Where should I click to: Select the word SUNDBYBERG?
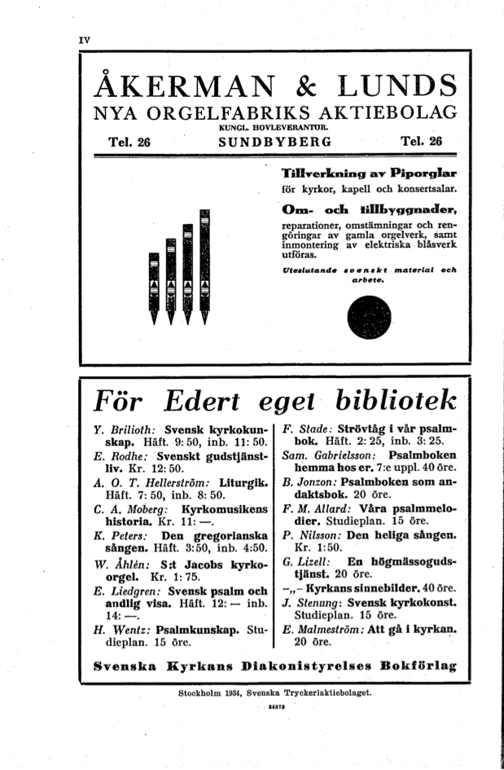276,142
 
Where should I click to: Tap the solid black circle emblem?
368,317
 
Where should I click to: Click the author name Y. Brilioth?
126,429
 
